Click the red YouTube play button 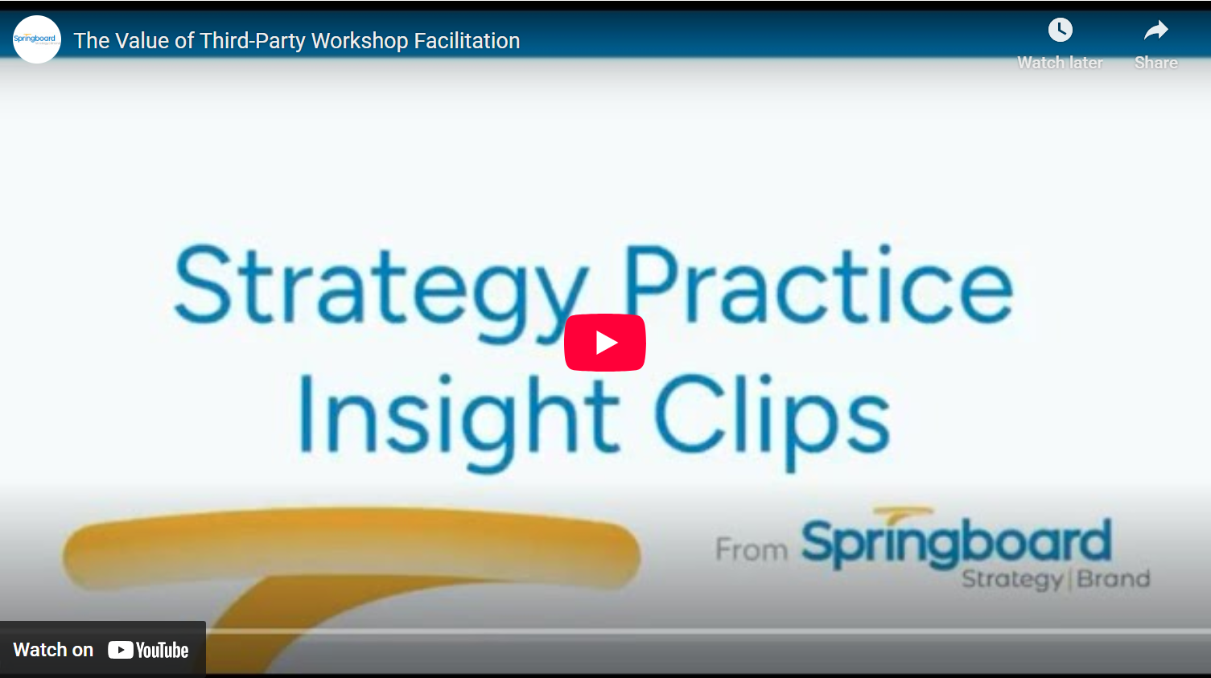point(604,343)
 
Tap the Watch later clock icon point(1061,30)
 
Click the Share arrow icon point(1155,31)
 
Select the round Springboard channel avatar point(37,39)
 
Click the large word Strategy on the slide point(381,292)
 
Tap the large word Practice point(818,285)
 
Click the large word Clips point(772,421)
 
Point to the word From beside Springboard point(752,550)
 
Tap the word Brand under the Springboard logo point(1113,578)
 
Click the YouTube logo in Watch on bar point(148,650)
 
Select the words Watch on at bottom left point(53,650)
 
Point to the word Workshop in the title point(360,41)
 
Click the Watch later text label point(1061,63)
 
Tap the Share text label point(1155,63)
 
